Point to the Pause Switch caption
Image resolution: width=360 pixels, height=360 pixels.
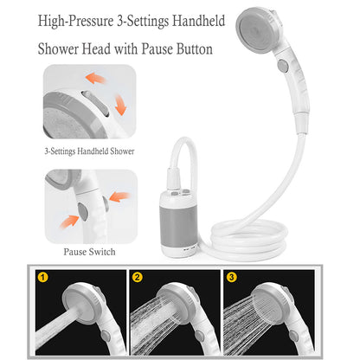[90, 252]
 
